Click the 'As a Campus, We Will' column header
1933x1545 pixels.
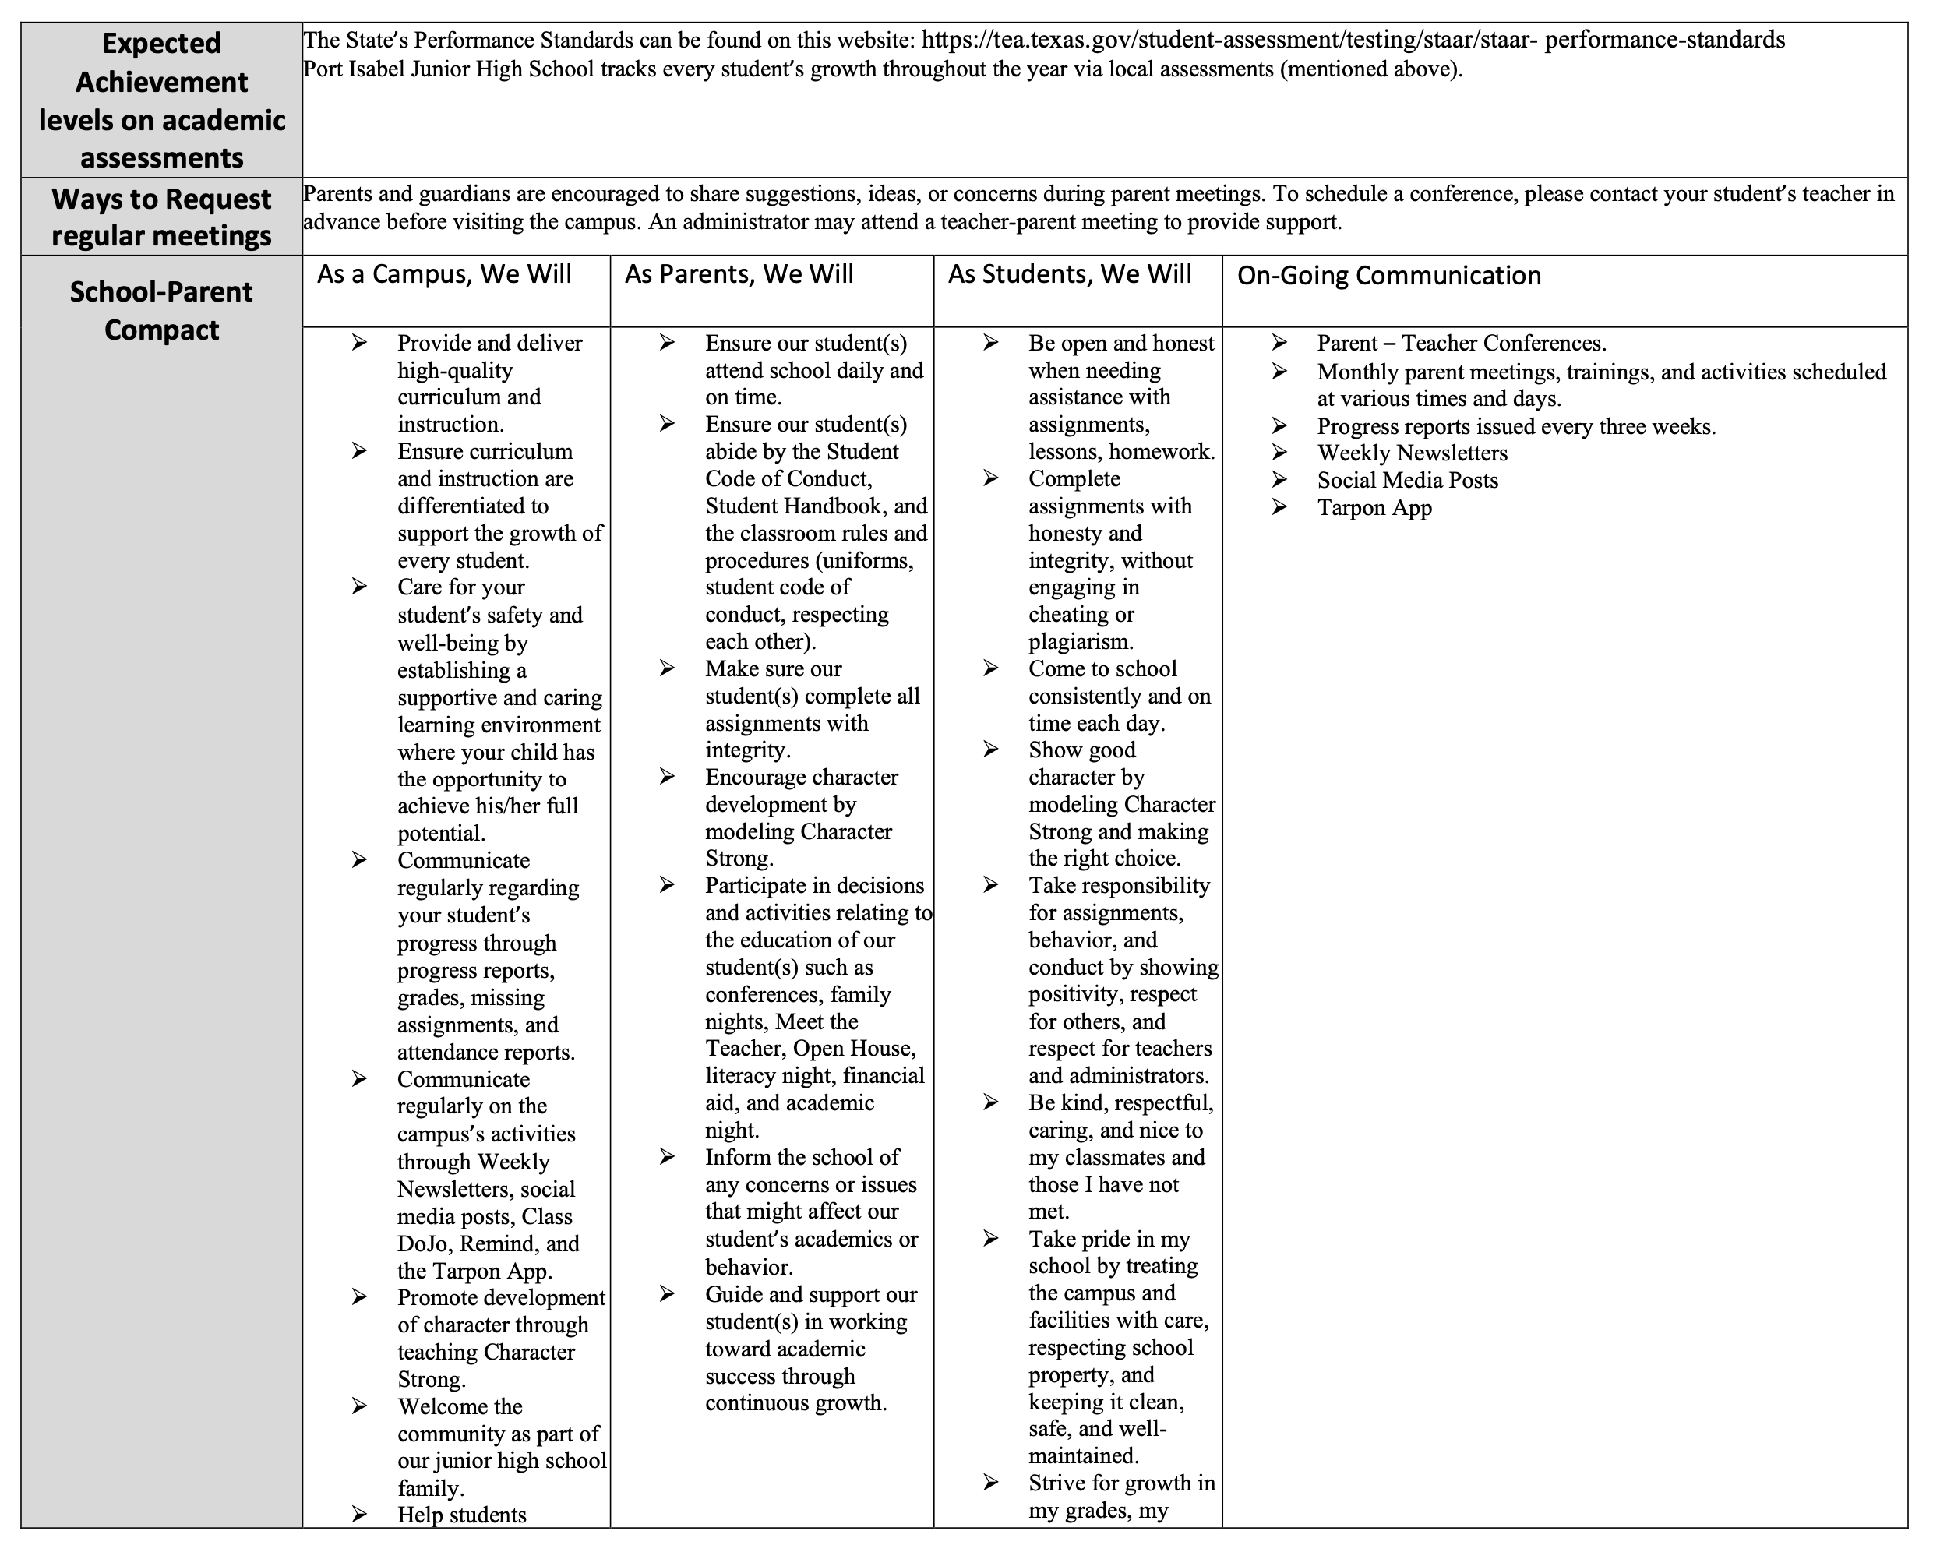coord(444,274)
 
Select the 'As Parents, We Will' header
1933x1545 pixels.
coord(739,274)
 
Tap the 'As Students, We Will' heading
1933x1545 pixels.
coord(1070,274)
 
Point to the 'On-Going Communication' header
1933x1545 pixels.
coord(1388,276)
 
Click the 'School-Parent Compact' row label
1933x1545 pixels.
coord(161,311)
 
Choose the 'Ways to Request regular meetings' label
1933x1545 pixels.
coord(161,217)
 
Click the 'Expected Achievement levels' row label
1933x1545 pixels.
coord(161,101)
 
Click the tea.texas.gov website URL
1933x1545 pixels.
coord(1353,41)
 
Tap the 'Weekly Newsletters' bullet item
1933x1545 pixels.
coord(1412,453)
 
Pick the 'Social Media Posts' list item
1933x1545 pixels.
coord(1407,481)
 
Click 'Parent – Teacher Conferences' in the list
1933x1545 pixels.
coord(1461,344)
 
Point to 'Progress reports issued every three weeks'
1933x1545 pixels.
coord(1515,427)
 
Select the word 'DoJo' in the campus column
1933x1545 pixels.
coord(423,1244)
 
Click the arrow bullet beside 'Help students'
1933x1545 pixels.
coord(359,1515)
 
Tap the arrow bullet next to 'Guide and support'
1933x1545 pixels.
coord(667,1294)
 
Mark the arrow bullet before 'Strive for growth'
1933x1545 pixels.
coord(991,1483)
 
